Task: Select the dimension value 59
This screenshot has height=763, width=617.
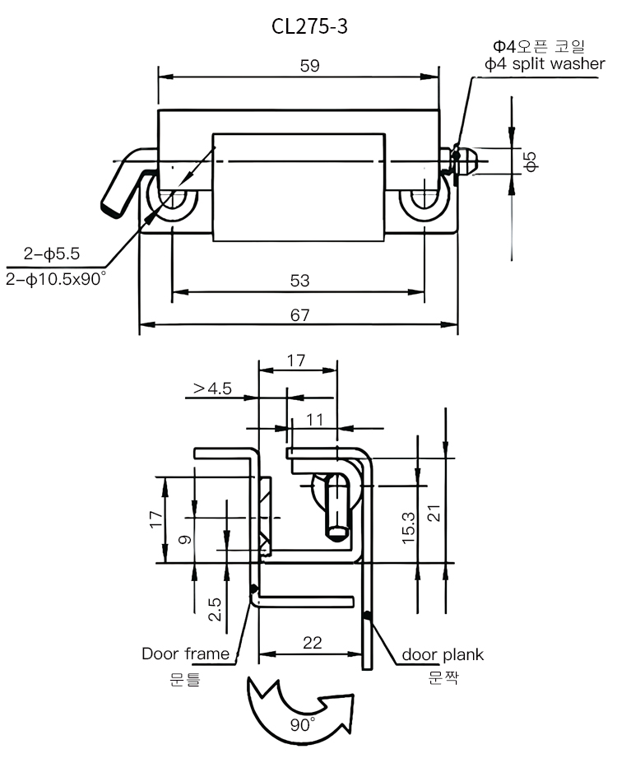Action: [309, 66]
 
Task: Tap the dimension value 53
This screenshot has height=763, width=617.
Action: [299, 281]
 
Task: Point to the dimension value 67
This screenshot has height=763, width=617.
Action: [299, 314]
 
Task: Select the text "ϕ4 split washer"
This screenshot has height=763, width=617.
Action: [545, 64]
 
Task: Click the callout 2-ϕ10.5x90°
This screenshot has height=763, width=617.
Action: [56, 280]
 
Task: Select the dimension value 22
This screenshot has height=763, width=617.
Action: [312, 643]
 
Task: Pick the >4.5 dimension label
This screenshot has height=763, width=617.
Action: [213, 388]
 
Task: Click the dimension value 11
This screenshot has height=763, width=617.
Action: [315, 418]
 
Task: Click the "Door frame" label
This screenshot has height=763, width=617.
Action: [185, 654]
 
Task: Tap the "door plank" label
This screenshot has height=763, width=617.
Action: [443, 655]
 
